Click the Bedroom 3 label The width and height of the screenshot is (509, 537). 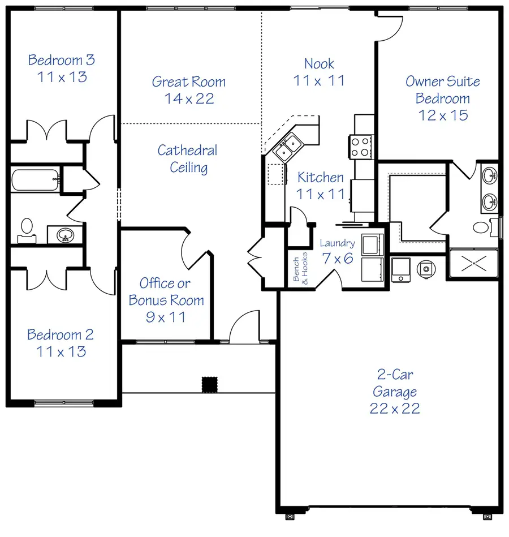coord(62,68)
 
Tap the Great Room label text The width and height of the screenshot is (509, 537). coord(189,90)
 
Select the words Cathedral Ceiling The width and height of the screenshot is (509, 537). coord(187,159)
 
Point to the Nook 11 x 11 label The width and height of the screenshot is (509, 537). coord(319,72)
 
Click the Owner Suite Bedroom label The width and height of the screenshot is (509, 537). coord(442,98)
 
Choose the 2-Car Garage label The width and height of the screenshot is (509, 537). coord(395,391)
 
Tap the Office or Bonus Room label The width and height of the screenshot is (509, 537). coord(166,300)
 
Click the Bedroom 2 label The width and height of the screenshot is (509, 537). coord(61,343)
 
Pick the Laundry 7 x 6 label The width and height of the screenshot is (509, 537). coord(337,251)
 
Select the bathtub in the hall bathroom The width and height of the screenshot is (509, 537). coord(34,181)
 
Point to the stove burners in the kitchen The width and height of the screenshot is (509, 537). coord(359,147)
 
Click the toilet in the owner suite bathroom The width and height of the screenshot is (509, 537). coord(481,228)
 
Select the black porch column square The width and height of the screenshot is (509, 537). coord(210,384)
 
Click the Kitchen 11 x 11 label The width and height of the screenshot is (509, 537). coord(321,186)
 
